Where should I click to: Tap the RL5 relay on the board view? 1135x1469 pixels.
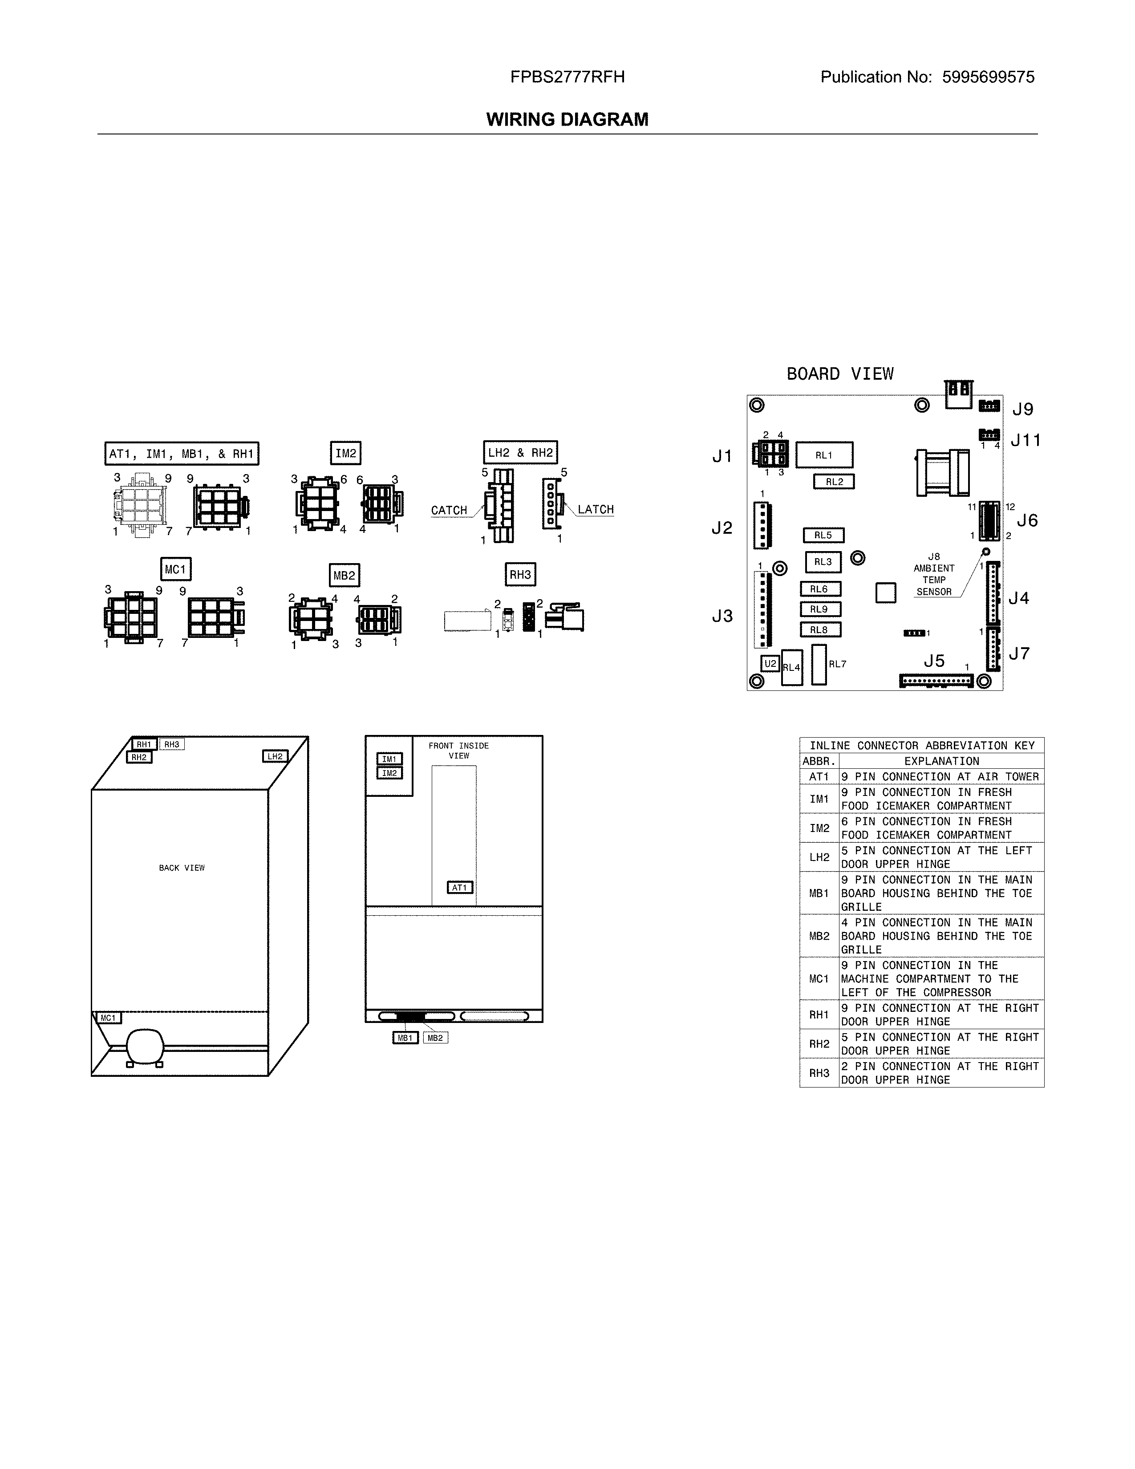[x=823, y=536]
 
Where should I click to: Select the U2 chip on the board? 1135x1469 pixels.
[x=770, y=664]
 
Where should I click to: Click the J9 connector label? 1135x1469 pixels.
[x=1023, y=409]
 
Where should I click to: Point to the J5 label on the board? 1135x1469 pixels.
[x=934, y=661]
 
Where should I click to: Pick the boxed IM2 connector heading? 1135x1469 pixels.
[x=345, y=453]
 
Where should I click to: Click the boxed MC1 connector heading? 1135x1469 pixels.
[x=175, y=570]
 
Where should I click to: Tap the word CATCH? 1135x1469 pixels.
[x=449, y=511]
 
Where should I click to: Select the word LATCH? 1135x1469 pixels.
[x=596, y=510]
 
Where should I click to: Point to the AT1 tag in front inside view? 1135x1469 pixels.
[x=460, y=888]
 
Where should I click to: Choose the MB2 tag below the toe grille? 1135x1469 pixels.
[x=435, y=1038]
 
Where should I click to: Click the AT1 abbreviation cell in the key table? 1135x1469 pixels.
[x=819, y=777]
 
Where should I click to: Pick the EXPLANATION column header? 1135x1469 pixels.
[x=941, y=761]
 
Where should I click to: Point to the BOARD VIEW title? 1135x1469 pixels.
[x=840, y=374]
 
